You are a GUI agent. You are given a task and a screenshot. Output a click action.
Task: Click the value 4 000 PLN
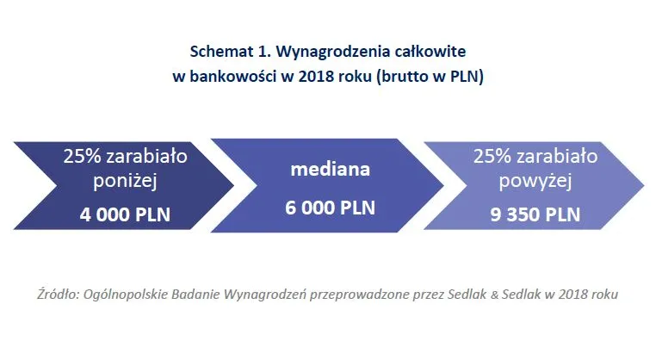tap(125, 214)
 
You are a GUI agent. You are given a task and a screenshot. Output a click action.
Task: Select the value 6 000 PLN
tap(331, 208)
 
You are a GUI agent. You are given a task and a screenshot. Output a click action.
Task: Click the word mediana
tap(331, 169)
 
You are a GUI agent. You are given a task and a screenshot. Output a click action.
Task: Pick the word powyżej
tap(536, 182)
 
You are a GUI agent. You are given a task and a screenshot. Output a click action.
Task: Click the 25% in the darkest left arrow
tap(79, 157)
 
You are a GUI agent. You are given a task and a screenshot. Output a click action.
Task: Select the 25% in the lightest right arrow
tap(491, 157)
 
